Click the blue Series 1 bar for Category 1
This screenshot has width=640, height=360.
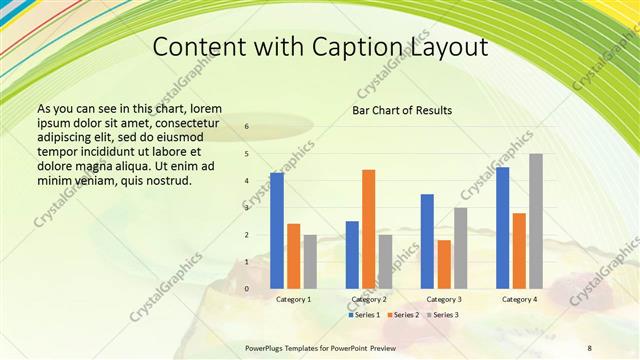point(277,230)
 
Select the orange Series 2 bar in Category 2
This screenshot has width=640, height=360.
point(368,228)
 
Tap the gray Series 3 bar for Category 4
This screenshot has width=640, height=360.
point(536,220)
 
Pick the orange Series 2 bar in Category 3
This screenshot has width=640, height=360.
point(443,263)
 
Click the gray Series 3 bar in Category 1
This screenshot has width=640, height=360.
point(310,261)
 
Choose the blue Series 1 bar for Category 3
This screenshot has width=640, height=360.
point(427,240)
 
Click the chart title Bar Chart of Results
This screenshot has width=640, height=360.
point(402,110)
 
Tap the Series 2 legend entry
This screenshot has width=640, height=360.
point(403,315)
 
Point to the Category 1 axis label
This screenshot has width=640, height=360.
point(293,299)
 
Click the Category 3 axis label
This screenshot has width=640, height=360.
point(443,299)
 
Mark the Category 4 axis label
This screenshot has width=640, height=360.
point(519,299)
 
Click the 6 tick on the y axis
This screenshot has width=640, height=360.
point(247,127)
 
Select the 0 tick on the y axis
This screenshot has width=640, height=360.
point(247,288)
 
